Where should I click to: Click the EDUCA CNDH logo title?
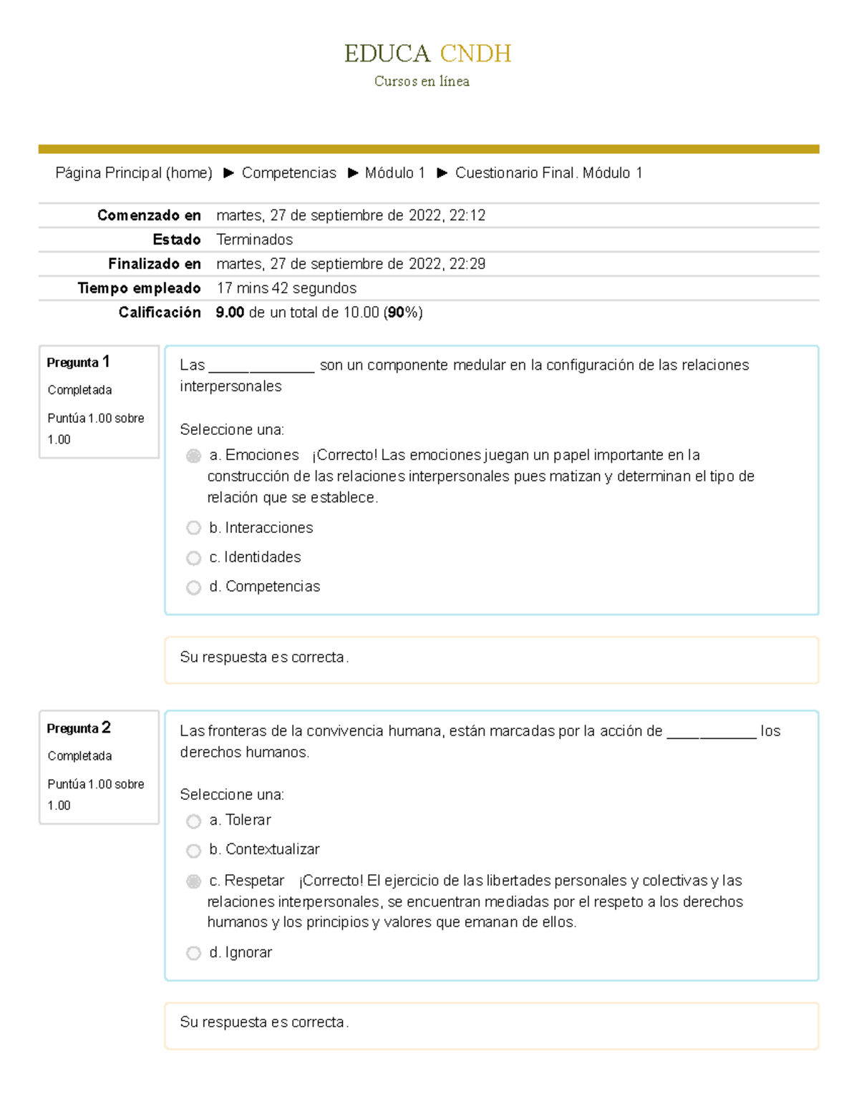click(x=427, y=54)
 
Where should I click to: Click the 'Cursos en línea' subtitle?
click(x=422, y=82)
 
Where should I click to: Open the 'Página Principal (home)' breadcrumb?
click(x=134, y=173)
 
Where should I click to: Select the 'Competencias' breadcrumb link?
click(x=288, y=173)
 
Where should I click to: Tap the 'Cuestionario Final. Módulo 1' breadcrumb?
click(x=548, y=173)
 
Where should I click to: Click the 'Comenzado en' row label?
click(x=149, y=215)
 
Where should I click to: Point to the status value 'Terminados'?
click(x=254, y=240)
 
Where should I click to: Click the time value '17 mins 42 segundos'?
click(x=286, y=288)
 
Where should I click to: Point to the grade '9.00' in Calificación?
click(x=230, y=313)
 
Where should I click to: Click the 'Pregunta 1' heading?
click(x=78, y=362)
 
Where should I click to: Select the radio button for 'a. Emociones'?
click(x=193, y=456)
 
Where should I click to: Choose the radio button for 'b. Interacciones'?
click(x=193, y=528)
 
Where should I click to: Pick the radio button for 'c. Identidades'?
click(x=193, y=558)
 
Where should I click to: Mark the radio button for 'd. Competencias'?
click(x=193, y=587)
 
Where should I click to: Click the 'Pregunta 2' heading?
click(x=78, y=728)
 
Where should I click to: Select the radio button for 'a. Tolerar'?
click(x=193, y=821)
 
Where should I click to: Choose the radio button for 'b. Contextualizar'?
click(x=193, y=851)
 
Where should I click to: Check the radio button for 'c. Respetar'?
click(x=193, y=881)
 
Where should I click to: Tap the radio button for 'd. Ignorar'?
click(x=193, y=953)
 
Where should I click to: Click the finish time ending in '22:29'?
click(x=351, y=264)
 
